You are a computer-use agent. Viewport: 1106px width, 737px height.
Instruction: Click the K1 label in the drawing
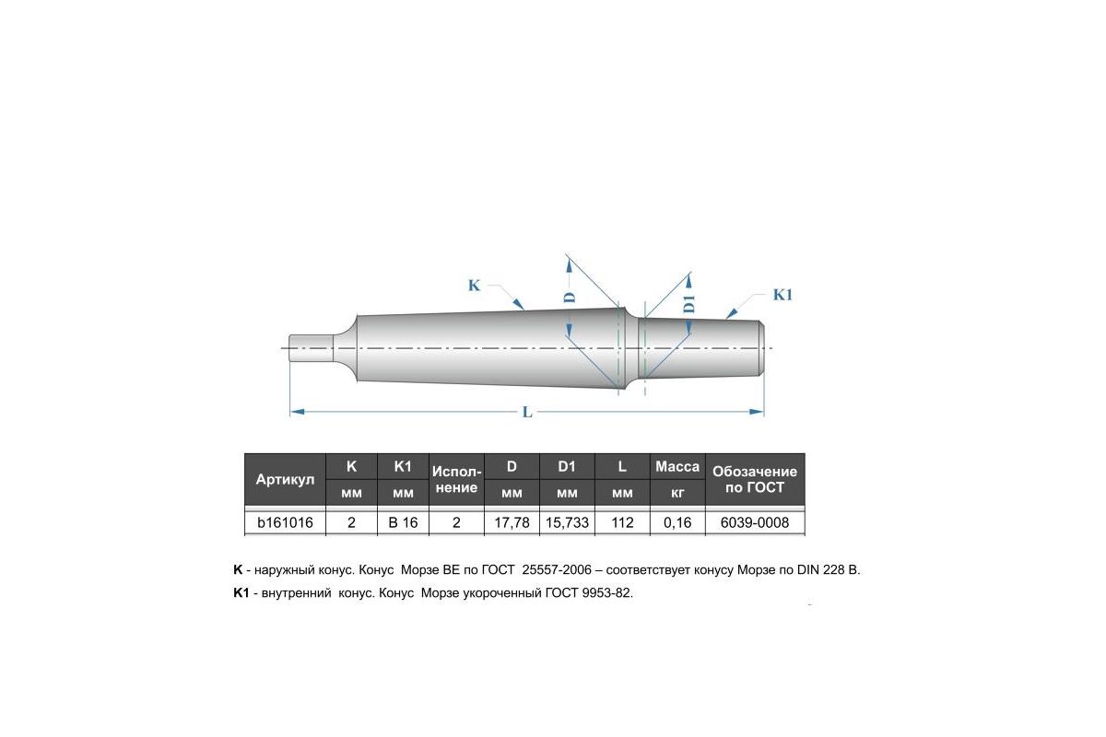coord(782,295)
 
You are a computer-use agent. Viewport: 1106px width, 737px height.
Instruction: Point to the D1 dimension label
coord(689,303)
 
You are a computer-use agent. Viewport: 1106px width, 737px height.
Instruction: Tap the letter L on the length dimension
coord(527,412)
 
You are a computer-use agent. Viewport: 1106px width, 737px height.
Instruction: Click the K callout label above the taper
coord(474,286)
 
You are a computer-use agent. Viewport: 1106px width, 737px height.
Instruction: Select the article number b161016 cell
coord(285,522)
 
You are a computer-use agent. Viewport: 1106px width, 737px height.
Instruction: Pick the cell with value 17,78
coord(512,522)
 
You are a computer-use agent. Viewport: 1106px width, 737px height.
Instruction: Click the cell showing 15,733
coord(567,522)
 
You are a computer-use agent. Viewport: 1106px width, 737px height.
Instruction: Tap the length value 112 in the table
coord(622,522)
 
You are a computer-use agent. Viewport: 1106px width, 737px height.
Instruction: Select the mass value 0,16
coord(677,522)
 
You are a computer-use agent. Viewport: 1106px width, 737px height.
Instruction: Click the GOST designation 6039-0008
coord(755,522)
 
